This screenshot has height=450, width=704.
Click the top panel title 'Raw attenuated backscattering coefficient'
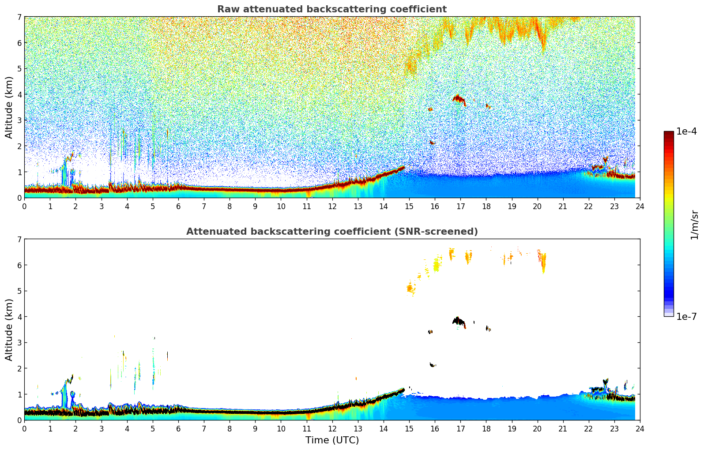tap(331, 9)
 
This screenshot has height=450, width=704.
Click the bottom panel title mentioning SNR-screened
tap(331, 232)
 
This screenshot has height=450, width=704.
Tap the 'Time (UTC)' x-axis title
tap(332, 440)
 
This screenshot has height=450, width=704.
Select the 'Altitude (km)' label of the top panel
tap(9, 107)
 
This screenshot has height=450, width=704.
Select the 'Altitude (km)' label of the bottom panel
tap(9, 330)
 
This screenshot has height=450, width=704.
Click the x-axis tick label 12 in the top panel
tap(332, 206)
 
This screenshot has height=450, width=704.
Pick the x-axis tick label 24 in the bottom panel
tap(640, 428)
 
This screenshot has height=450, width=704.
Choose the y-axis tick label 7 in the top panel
tap(19, 17)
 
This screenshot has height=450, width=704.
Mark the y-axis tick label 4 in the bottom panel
tap(19, 317)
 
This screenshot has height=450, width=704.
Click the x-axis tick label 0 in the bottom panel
tap(24, 428)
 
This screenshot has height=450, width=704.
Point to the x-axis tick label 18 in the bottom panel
tap(486, 428)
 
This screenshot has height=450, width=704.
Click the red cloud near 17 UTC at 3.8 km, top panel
tap(459, 99)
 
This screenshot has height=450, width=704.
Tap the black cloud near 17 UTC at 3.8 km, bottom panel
tap(459, 321)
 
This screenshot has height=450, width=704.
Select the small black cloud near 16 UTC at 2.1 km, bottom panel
tap(433, 365)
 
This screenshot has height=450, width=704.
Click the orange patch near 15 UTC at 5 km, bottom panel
tap(410, 289)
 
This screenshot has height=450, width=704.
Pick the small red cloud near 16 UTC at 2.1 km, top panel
tap(432, 142)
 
